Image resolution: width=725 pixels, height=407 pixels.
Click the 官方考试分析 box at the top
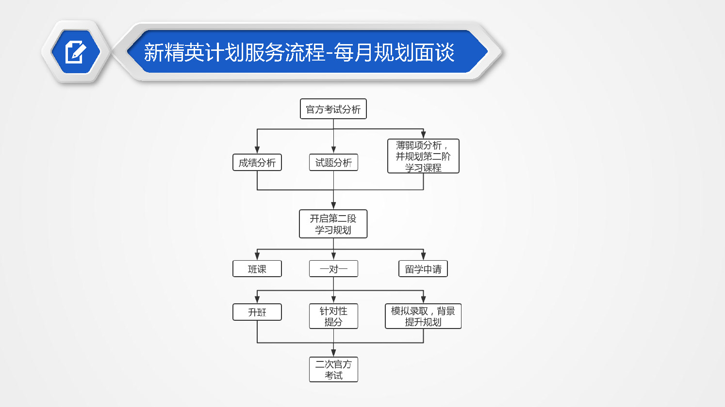333,109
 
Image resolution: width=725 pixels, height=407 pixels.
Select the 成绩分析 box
257,162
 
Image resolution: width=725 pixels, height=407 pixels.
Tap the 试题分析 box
333,162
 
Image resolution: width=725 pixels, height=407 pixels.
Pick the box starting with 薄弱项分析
423,156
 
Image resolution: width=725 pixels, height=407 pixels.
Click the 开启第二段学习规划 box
333,224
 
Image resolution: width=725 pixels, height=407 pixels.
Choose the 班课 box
257,268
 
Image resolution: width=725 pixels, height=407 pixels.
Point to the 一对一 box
333,268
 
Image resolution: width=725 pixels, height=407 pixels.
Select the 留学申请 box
423,268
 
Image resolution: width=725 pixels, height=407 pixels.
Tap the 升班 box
257,312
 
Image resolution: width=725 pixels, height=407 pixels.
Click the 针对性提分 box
333,316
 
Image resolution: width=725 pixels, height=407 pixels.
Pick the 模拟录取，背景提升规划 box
423,316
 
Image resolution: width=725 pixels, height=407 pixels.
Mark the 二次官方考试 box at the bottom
333,370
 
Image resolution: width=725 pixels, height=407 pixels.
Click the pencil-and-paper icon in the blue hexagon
76,52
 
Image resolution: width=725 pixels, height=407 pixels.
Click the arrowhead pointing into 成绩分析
257,150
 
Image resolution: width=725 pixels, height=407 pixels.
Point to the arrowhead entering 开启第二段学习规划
333,205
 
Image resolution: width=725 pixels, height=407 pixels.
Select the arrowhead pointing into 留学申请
423,256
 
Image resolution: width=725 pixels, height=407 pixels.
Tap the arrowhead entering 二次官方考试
333,353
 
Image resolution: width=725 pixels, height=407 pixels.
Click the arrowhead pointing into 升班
257,299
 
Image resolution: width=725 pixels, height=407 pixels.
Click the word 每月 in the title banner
353,52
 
